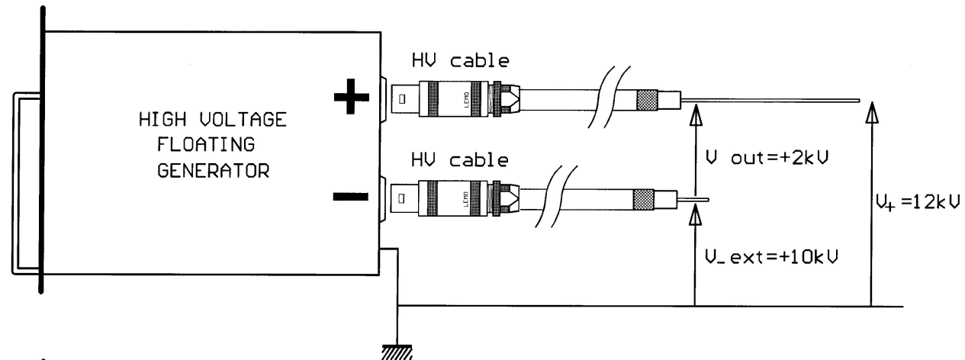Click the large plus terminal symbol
pyautogui.click(x=352, y=98)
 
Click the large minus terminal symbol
pyautogui.click(x=352, y=198)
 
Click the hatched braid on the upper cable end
pyautogui.click(x=648, y=99)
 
